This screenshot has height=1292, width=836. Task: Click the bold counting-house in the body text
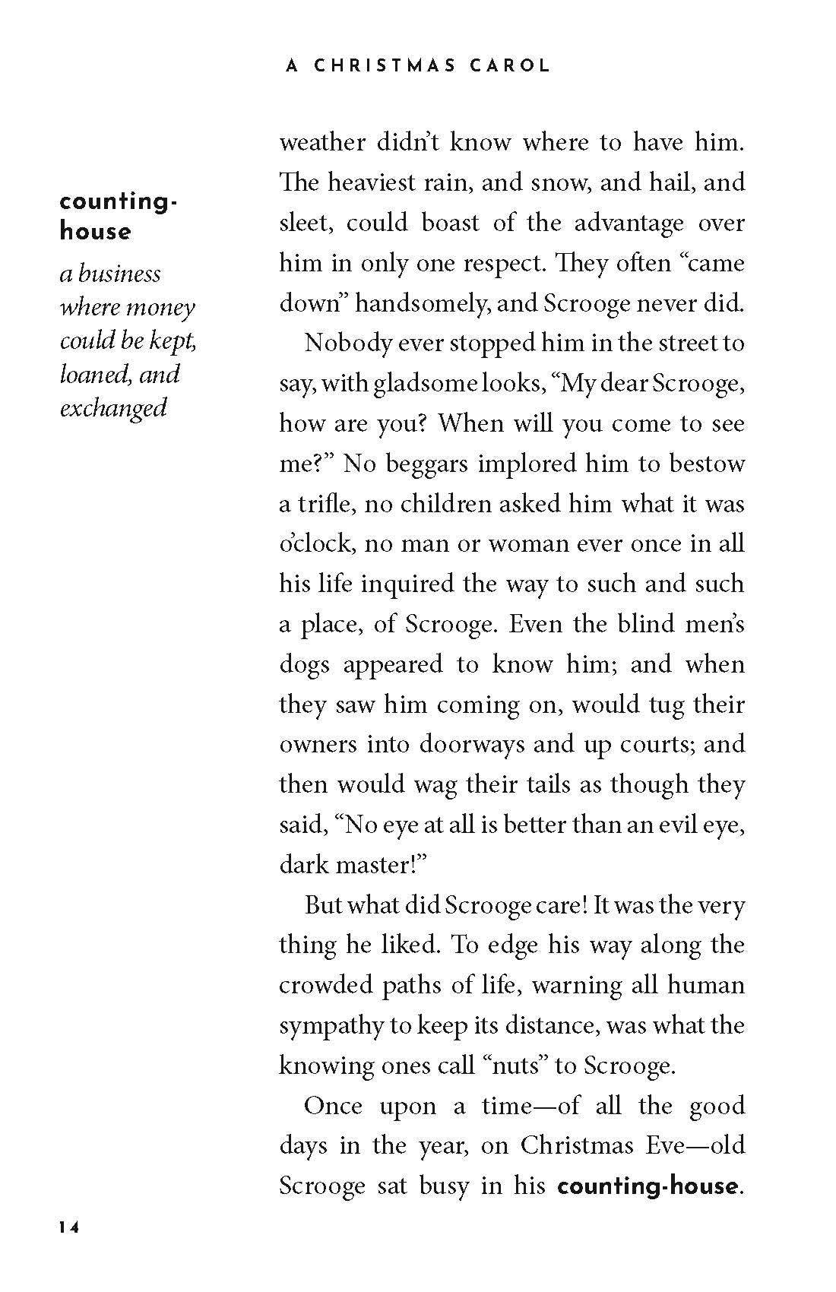647,1186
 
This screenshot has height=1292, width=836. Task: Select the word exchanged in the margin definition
113,408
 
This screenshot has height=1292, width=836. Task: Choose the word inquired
404,584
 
